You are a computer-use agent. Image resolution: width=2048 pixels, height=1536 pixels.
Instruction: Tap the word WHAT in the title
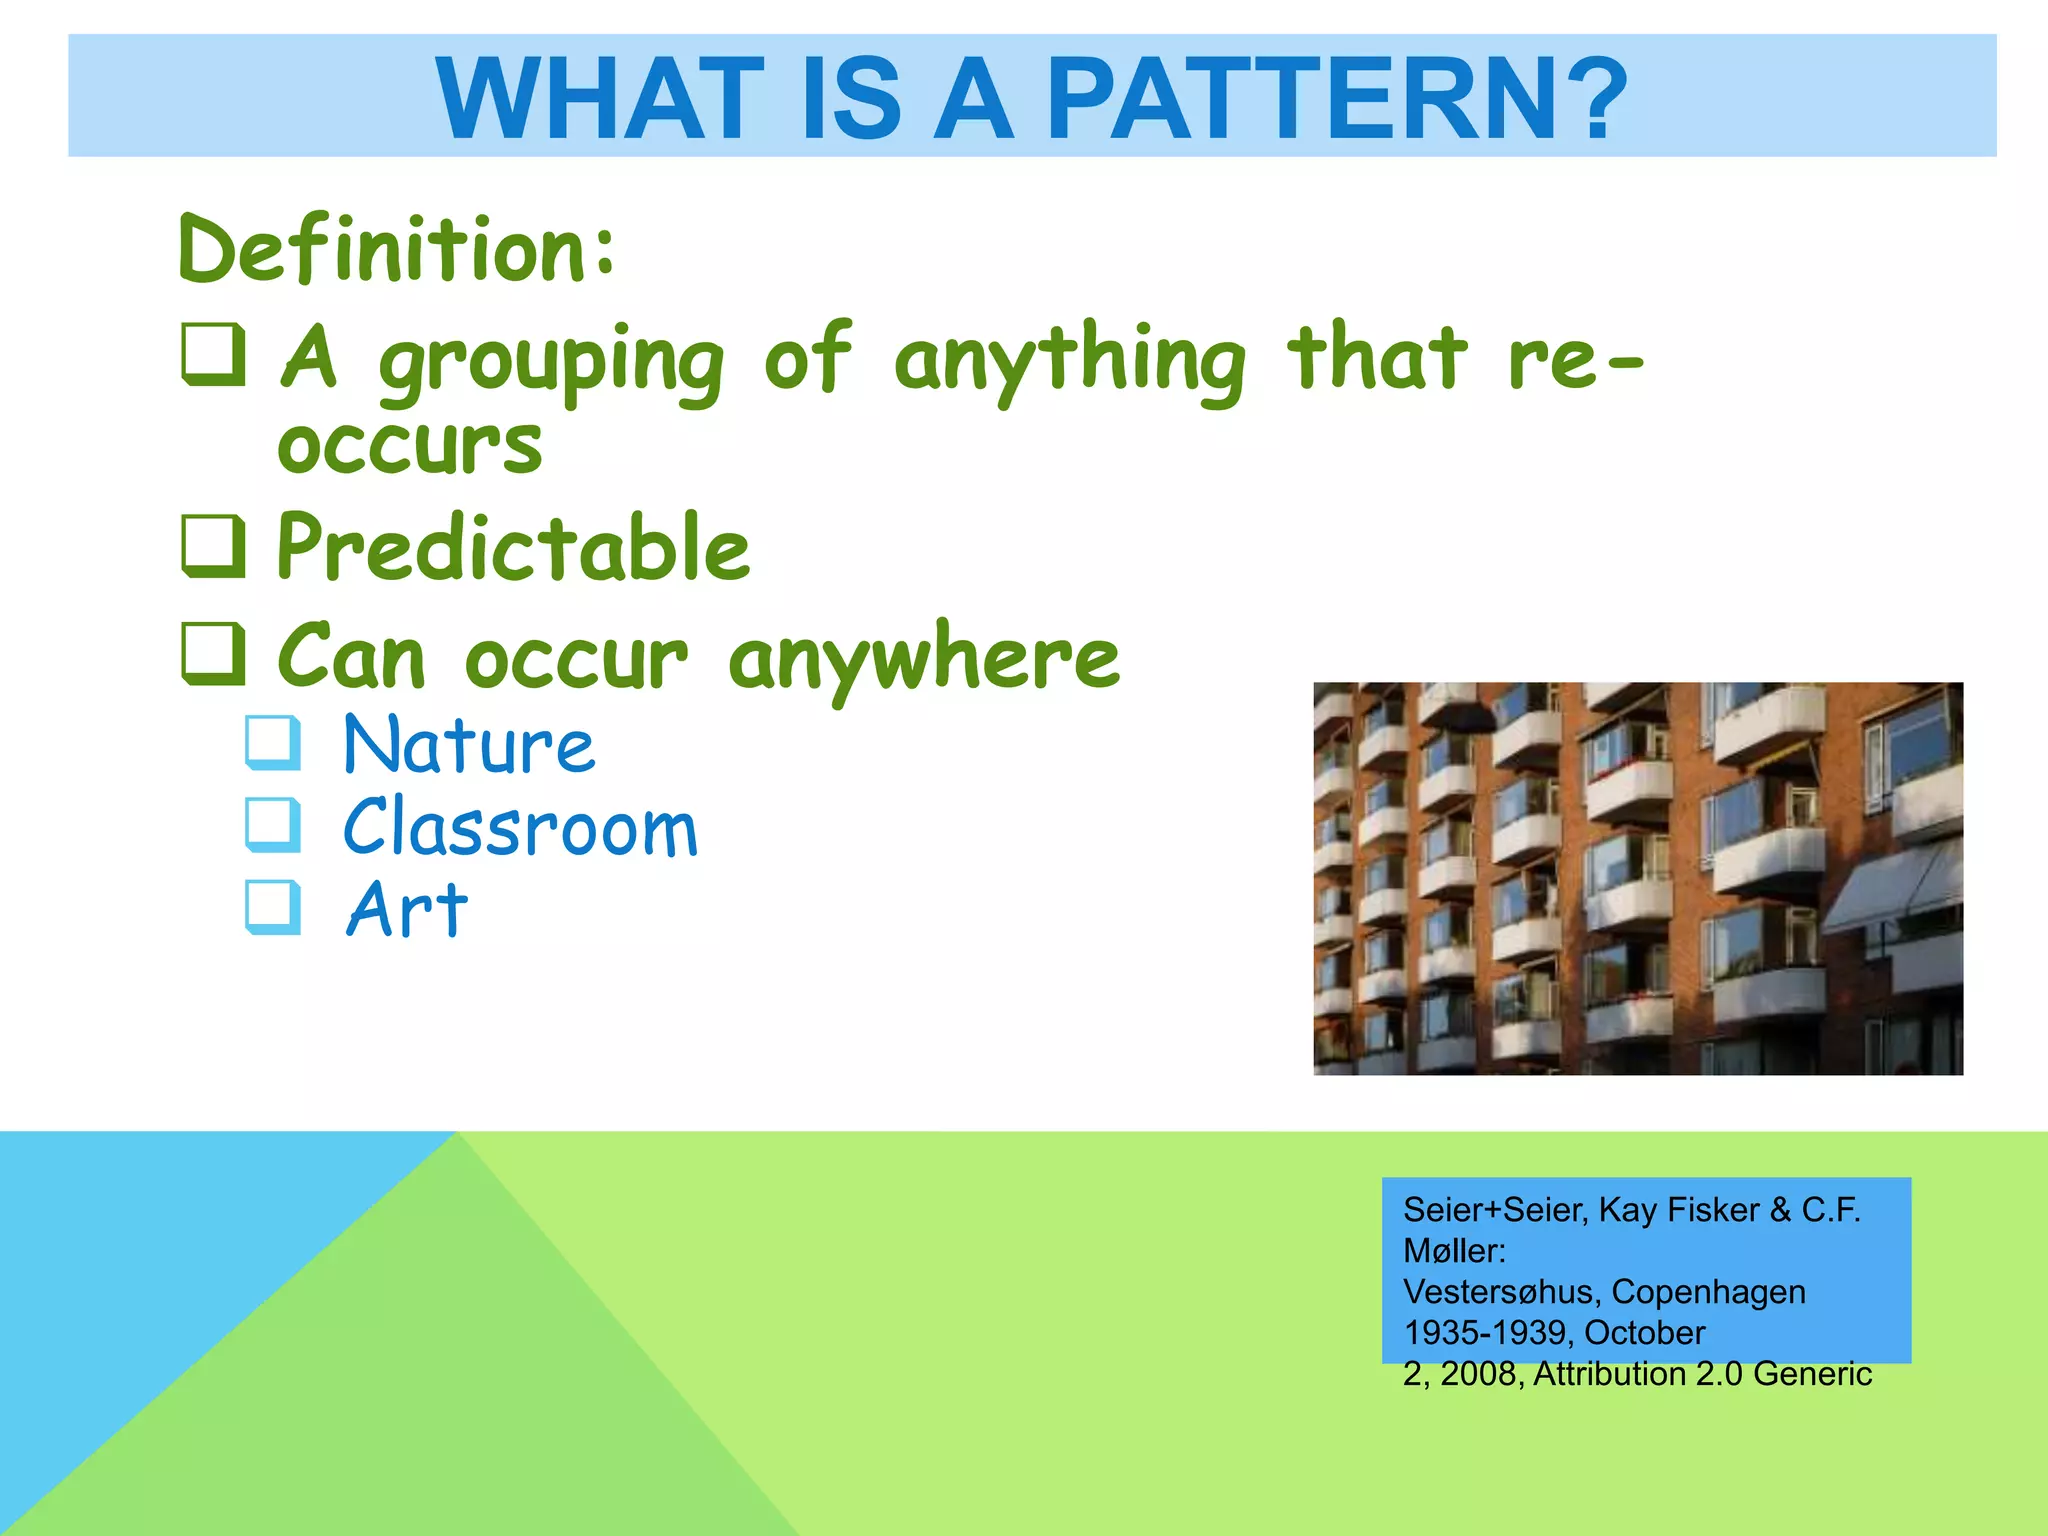[x=600, y=98]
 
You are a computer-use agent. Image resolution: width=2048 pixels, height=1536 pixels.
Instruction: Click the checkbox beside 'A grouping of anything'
[x=214, y=355]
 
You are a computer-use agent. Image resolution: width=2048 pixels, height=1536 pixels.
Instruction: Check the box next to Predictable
[x=214, y=546]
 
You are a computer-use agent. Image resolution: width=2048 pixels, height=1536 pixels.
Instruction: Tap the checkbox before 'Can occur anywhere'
[x=214, y=654]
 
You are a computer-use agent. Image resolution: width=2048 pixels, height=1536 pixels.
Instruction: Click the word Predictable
[x=513, y=547]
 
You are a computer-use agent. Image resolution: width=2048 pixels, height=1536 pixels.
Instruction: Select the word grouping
[x=551, y=362]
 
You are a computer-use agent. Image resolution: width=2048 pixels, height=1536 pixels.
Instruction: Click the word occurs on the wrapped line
[x=410, y=445]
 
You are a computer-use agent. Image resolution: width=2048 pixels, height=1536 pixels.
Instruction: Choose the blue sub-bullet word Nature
[x=469, y=746]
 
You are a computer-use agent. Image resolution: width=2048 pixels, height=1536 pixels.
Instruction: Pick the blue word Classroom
[x=520, y=828]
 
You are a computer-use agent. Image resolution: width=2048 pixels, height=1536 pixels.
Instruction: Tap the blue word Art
[x=407, y=910]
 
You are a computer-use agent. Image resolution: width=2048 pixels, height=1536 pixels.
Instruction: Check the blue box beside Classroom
[x=273, y=825]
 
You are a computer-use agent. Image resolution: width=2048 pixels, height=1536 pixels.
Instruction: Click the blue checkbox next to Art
[x=273, y=907]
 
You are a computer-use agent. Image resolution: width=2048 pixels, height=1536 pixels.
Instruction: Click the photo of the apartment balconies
[x=1637, y=878]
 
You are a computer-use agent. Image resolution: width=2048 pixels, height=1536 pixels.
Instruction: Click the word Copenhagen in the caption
[x=1708, y=1291]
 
